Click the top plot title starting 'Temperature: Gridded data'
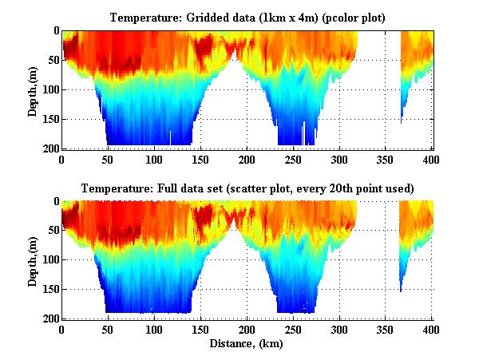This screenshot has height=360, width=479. (x=247, y=17)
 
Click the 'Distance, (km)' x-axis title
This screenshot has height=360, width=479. (x=247, y=345)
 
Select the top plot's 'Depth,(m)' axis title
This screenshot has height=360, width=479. (x=33, y=89)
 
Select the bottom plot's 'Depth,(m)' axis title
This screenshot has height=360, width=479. (x=33, y=260)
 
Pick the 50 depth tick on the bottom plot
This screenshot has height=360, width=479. (x=51, y=231)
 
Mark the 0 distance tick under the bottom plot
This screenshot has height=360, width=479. (x=61, y=330)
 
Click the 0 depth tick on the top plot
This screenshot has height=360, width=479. (x=54, y=31)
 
